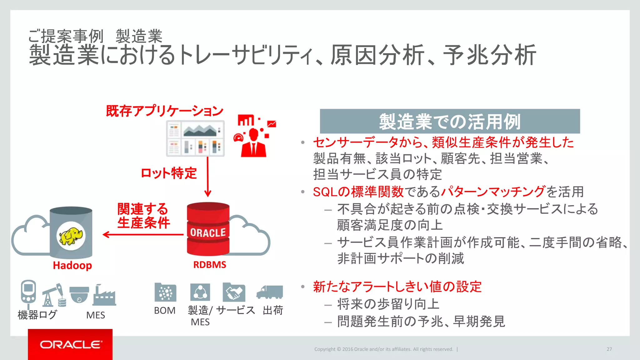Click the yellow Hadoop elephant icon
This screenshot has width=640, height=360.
71,236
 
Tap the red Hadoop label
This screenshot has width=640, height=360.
72,265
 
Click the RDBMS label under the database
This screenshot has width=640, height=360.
210,265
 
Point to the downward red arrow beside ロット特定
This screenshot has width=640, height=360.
208,177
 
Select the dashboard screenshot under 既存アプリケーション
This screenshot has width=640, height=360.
195,138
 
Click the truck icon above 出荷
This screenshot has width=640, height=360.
270,292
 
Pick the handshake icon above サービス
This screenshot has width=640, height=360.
234,292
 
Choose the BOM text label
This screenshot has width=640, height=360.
165,311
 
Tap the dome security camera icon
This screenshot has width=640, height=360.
79,295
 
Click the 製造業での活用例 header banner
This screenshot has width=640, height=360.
450,121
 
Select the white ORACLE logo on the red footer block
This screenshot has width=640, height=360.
71,344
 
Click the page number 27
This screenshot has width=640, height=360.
609,349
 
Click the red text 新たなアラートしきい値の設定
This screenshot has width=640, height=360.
397,287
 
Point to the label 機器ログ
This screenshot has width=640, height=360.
37,315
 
